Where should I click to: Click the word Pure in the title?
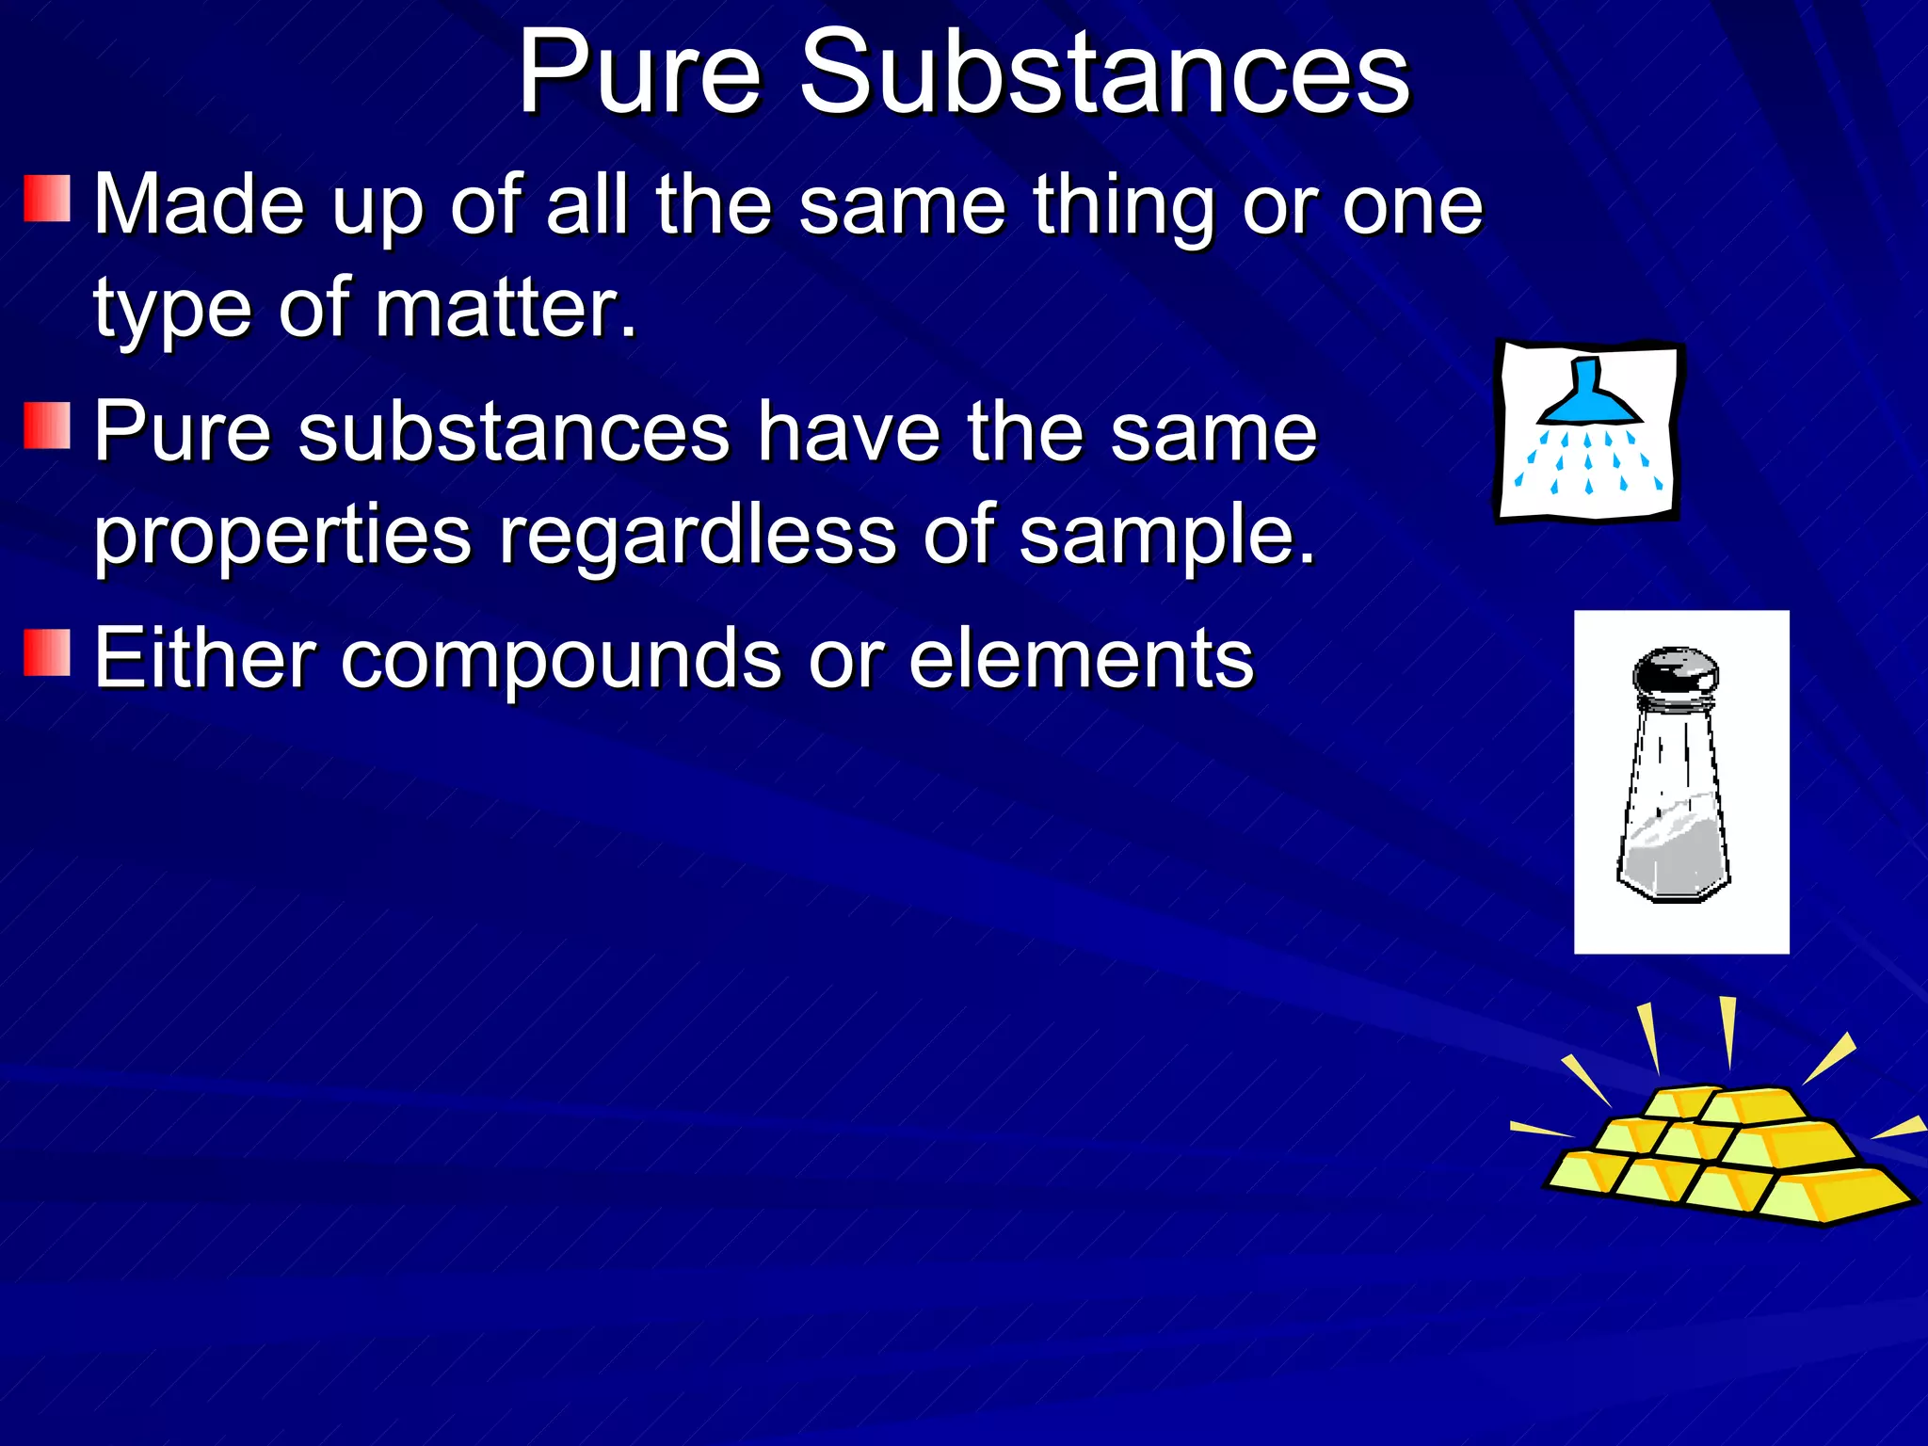639,72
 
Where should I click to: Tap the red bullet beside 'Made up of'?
47,199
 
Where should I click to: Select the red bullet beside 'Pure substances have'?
47,426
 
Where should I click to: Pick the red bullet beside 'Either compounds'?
47,653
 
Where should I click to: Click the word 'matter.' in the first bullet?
506,308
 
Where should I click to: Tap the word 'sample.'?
1167,537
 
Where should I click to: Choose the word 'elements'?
1081,659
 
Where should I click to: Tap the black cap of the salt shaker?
1675,671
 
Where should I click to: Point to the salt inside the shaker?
1674,847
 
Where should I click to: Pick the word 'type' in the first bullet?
171,311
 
